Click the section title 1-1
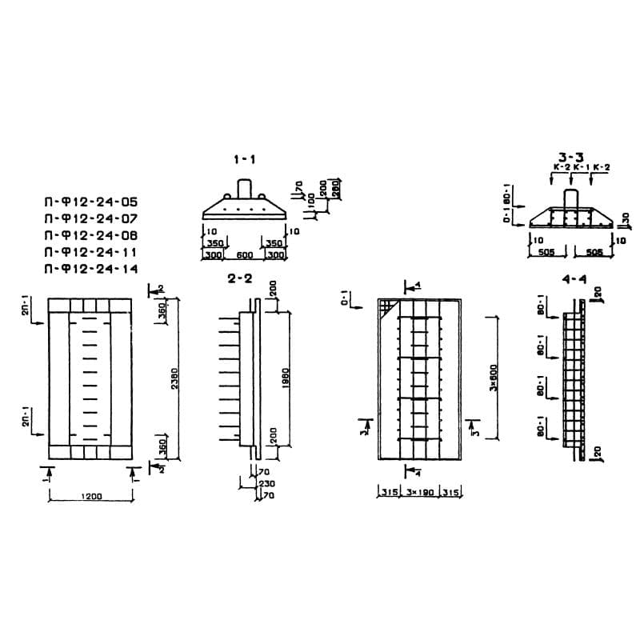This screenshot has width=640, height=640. tap(245, 160)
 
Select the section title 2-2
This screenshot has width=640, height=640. tap(239, 279)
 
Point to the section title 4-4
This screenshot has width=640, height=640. tap(575, 279)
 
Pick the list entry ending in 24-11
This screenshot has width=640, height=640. tap(91, 252)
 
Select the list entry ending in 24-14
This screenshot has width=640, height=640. tap(91, 269)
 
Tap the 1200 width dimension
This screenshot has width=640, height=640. tap(91, 497)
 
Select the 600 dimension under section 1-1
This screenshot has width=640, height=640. tap(245, 254)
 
